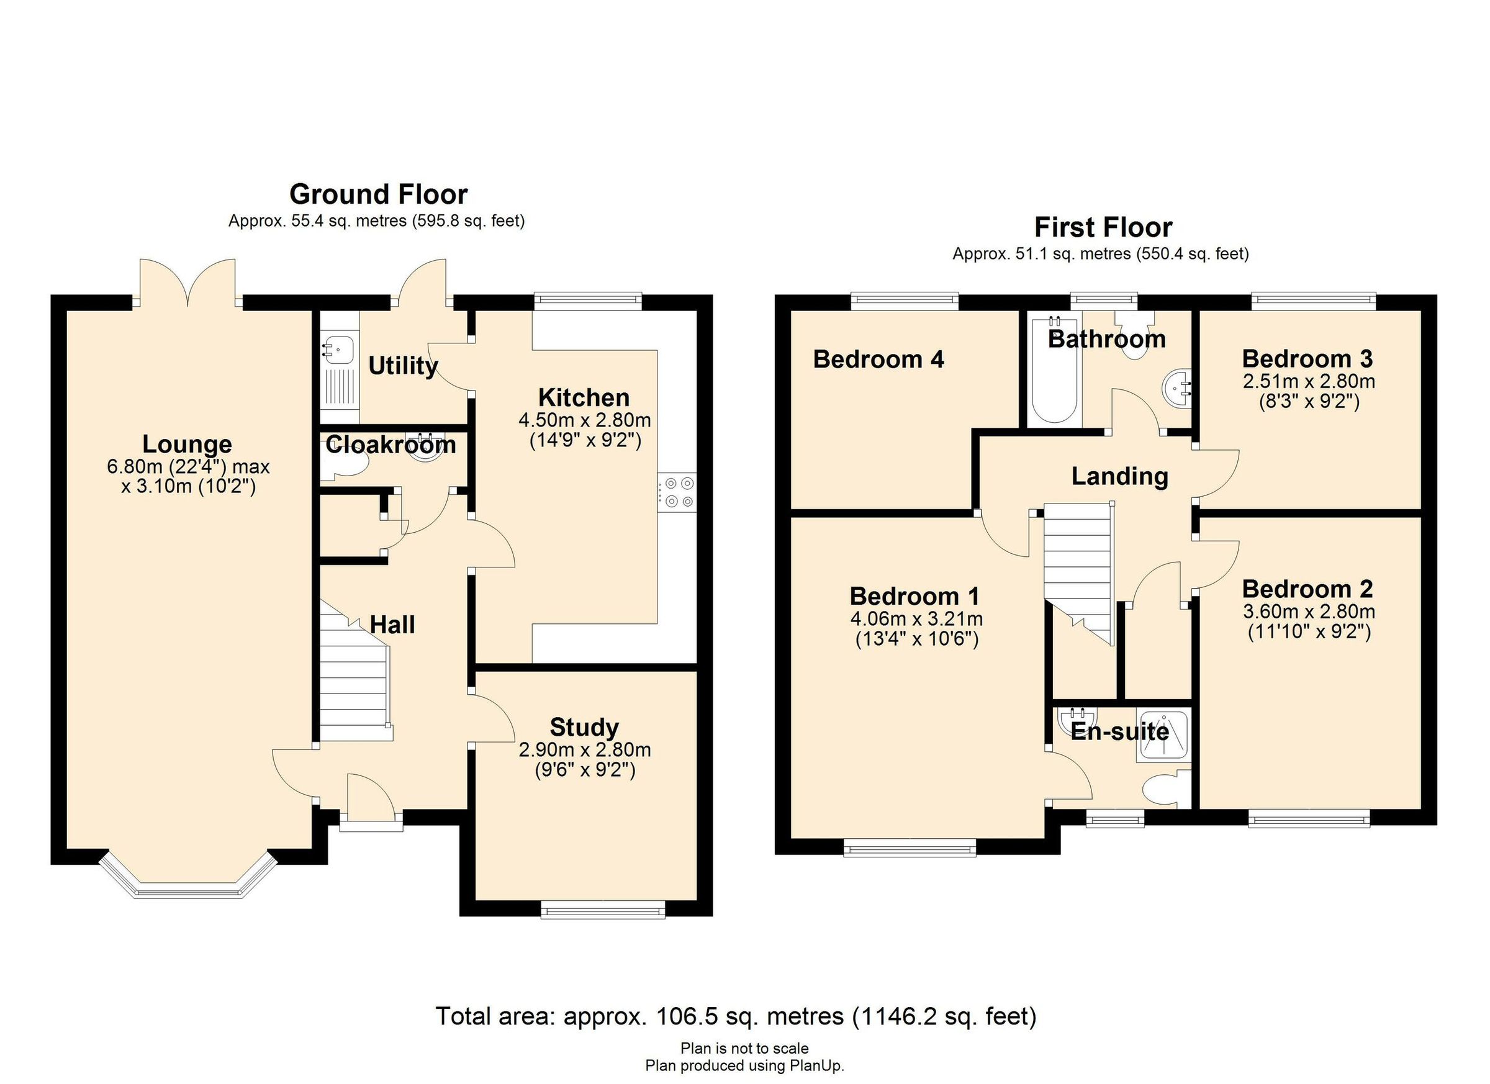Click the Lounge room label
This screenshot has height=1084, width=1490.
click(187, 445)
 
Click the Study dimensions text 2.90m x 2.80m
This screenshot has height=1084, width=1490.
click(585, 749)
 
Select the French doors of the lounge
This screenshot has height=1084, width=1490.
click(188, 282)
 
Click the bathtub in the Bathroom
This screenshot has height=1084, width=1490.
click(1054, 371)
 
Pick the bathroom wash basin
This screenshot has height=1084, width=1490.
click(1177, 387)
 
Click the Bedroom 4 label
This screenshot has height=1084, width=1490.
click(878, 359)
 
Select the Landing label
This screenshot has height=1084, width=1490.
click(1119, 476)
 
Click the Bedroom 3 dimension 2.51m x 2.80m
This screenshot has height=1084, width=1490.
click(1308, 381)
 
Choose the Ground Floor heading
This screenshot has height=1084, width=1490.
click(379, 194)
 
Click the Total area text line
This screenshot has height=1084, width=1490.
click(736, 1016)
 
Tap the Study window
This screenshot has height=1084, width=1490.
click(602, 910)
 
